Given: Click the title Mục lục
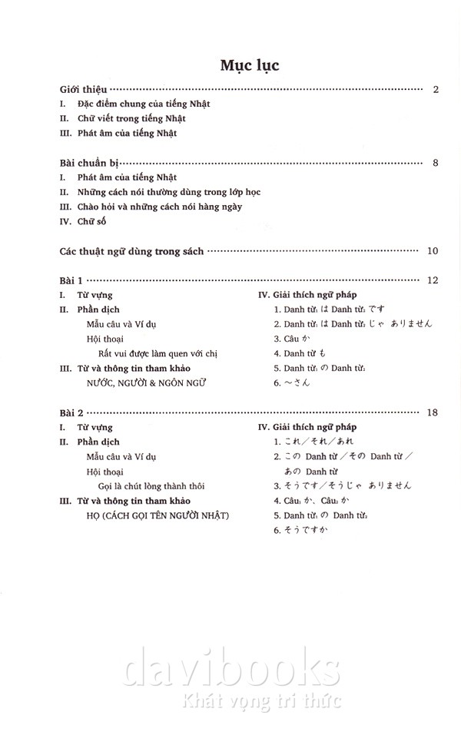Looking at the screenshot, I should [x=249, y=65].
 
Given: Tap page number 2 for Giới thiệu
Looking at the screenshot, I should [x=435, y=90].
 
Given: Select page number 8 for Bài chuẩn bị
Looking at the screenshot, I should [x=435, y=163].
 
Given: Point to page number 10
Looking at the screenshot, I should [x=432, y=251].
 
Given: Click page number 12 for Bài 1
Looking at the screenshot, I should [x=432, y=280].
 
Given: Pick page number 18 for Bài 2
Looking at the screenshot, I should [x=432, y=413].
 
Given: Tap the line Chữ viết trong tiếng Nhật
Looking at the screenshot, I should [x=131, y=119].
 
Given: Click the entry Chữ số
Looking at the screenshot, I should [x=91, y=221].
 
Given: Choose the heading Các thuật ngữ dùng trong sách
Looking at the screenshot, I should [x=131, y=251].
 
